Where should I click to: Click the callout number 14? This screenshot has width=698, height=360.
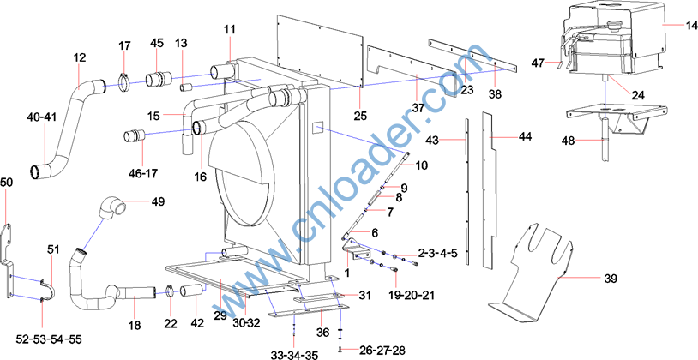[690, 25]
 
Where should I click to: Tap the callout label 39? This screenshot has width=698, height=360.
[611, 279]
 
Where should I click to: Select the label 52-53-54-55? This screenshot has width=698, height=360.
[49, 339]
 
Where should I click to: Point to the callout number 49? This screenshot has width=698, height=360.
[158, 201]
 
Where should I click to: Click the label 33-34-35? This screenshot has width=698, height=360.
[294, 355]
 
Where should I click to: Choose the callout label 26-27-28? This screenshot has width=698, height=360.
[381, 350]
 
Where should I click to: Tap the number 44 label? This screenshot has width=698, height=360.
[526, 137]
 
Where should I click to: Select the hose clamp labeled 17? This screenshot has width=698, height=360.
[125, 83]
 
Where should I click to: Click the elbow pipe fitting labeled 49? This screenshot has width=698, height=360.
[111, 207]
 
